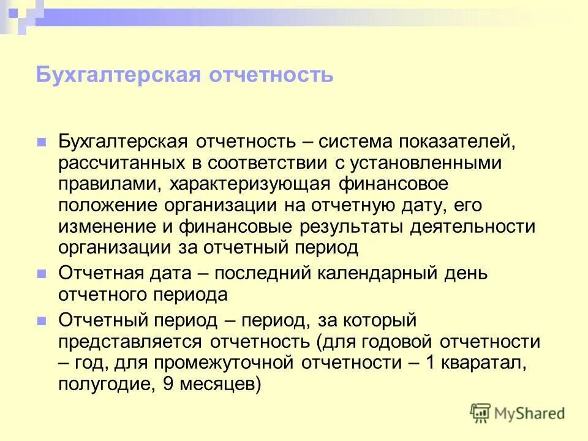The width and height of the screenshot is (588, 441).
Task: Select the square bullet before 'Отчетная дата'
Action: [x=42, y=273]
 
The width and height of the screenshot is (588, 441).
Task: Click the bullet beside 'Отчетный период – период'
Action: [x=42, y=320]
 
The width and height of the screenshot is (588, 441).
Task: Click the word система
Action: [x=356, y=142]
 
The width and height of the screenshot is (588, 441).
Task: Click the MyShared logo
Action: [x=518, y=413]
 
